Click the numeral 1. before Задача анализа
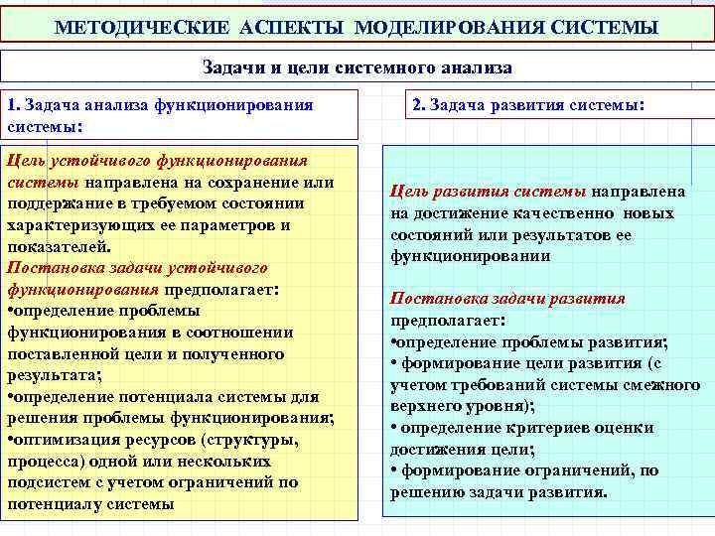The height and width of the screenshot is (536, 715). click(13, 105)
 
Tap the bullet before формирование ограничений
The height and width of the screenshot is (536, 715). click(394, 471)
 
